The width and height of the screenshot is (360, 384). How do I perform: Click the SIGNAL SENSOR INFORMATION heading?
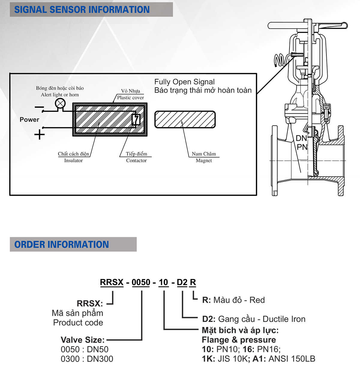[82, 10]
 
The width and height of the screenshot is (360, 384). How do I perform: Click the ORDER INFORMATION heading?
[61, 244]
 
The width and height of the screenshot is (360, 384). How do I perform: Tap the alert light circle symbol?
[60, 103]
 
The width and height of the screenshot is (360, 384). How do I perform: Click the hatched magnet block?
[185, 119]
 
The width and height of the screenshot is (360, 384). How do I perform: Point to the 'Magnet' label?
[204, 160]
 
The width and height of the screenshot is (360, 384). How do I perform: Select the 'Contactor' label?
[136, 160]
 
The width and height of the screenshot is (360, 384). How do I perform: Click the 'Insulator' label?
[73, 160]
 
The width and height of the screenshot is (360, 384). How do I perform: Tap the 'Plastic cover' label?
[130, 97]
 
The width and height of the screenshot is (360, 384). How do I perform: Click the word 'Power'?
[29, 119]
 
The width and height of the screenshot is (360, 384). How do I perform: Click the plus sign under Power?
[40, 134]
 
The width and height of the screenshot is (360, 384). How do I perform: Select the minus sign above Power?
[39, 107]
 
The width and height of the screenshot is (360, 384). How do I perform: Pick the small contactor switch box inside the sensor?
[136, 119]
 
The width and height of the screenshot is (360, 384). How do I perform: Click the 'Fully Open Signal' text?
[184, 82]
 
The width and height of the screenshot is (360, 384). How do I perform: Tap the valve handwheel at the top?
[307, 25]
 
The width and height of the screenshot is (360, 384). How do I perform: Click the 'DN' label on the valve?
[301, 138]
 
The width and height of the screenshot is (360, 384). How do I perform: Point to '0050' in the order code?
[141, 282]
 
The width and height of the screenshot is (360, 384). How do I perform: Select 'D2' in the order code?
[182, 282]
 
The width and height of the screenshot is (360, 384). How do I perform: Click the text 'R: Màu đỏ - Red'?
[233, 300]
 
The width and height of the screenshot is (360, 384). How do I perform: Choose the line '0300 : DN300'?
[87, 359]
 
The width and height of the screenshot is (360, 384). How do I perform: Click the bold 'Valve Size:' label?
[82, 340]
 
